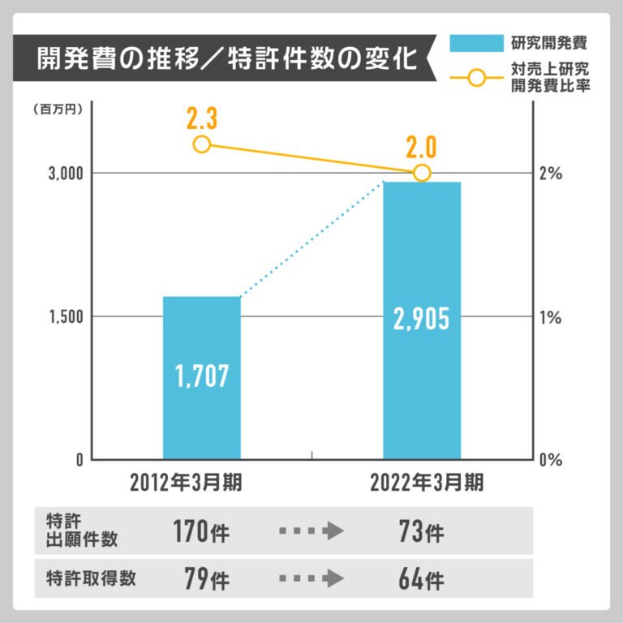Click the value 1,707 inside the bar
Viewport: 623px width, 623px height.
tap(202, 375)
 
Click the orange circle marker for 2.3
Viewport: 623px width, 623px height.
tap(202, 144)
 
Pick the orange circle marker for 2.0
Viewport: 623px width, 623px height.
tap(422, 173)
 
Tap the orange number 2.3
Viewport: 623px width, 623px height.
tap(201, 120)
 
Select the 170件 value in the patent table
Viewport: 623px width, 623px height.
tap(201, 532)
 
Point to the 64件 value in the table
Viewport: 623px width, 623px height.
tap(421, 579)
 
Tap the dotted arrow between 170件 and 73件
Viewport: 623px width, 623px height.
tap(311, 532)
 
